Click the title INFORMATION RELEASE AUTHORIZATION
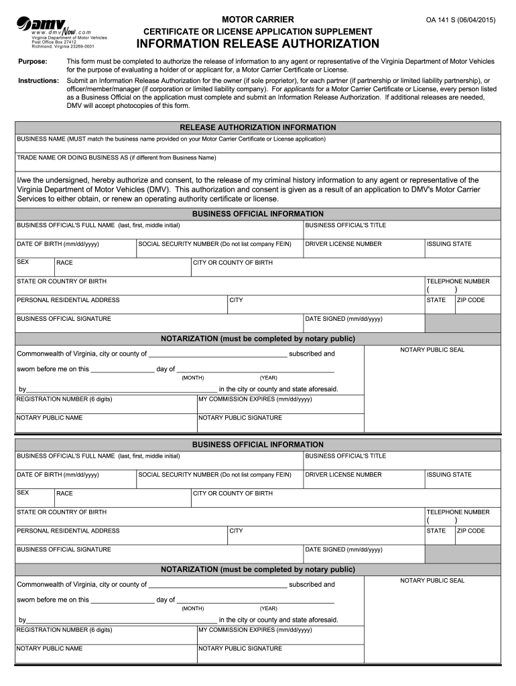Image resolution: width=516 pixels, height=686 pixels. (x=258, y=44)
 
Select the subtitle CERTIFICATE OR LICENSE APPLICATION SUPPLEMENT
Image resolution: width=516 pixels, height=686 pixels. (x=258, y=31)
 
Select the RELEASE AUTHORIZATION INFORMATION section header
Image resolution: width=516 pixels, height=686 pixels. (x=258, y=127)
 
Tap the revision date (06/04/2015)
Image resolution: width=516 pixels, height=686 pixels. (x=474, y=20)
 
